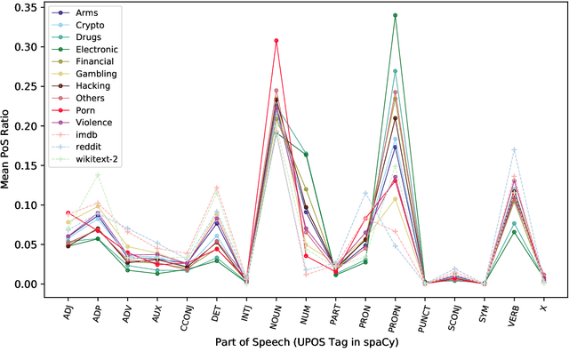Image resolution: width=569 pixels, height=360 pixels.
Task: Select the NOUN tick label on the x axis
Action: coord(276,307)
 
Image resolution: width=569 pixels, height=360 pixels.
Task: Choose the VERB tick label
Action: coord(513,306)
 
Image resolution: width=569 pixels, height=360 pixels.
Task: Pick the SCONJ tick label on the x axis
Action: coord(453,309)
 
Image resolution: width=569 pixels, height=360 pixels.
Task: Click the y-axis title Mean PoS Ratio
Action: coord(10,146)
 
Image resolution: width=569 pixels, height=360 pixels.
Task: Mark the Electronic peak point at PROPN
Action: coord(395,15)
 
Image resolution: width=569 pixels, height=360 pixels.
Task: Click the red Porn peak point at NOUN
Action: coord(276,41)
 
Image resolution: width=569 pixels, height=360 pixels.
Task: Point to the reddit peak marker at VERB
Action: coord(514,149)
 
